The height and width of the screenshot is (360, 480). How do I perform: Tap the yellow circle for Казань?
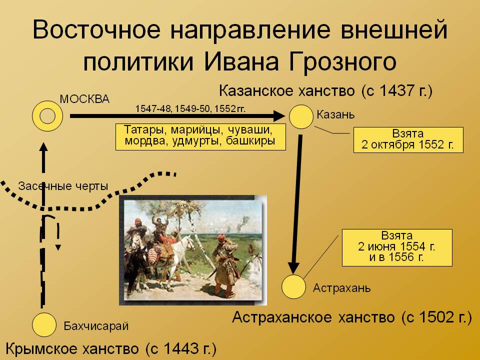click(x=301, y=116)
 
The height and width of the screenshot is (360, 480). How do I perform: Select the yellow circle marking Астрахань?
click(x=293, y=287)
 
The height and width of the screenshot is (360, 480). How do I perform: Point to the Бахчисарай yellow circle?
click(x=44, y=325)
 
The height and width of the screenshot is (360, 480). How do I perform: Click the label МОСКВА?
click(x=84, y=99)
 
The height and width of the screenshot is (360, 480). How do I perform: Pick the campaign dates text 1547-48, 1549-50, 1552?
click(x=190, y=108)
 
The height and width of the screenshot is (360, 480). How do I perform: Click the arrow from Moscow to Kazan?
click(x=177, y=116)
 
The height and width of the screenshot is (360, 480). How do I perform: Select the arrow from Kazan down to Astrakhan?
click(x=296, y=204)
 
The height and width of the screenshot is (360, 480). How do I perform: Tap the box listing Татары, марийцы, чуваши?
click(x=200, y=137)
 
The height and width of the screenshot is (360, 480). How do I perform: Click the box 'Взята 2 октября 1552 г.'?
click(x=408, y=140)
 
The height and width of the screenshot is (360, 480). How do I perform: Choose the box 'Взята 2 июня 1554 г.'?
click(x=397, y=247)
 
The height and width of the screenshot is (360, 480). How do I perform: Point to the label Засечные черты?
click(x=63, y=186)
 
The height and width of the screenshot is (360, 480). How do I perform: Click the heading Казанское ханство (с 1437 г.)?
click(x=325, y=91)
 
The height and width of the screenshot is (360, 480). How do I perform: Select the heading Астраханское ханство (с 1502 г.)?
click(x=352, y=317)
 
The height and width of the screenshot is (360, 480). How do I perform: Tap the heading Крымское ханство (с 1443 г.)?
click(x=111, y=348)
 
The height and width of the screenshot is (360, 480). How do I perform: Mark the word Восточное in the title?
click(x=96, y=29)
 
